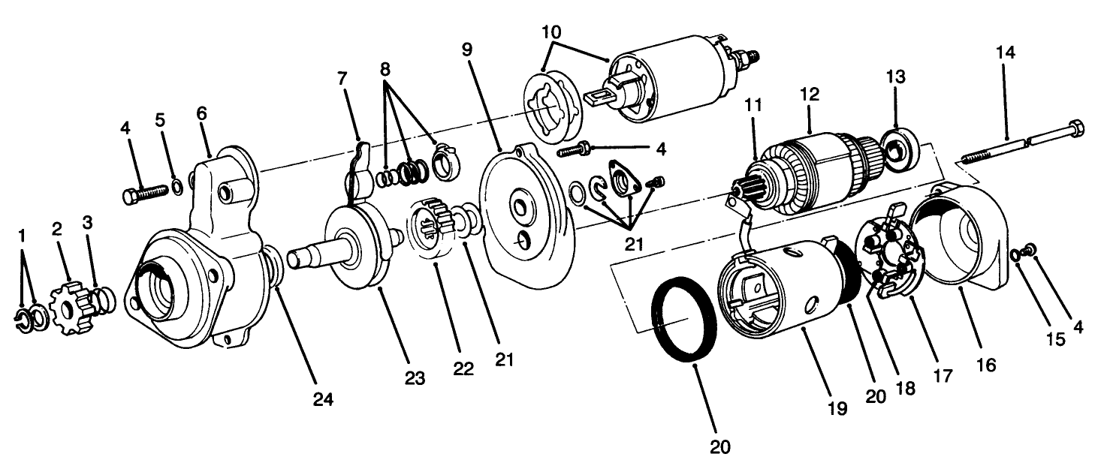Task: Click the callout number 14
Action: pos(1005,54)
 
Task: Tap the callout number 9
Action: pos(467,50)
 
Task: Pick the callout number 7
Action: pos(342,77)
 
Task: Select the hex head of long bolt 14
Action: pos(1075,128)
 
